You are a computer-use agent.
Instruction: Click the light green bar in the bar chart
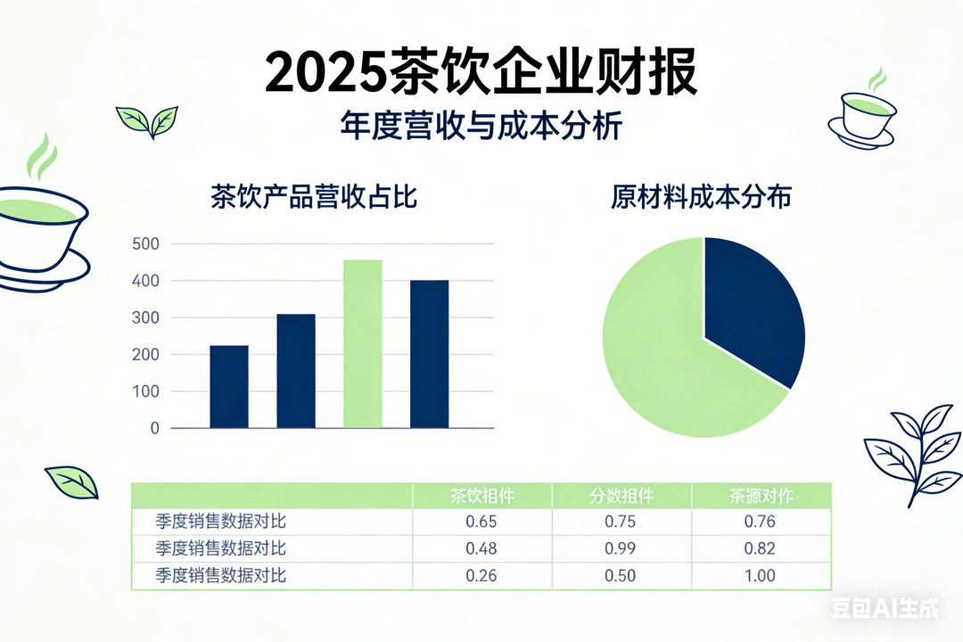click(x=363, y=343)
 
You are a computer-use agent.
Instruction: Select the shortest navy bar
click(x=229, y=386)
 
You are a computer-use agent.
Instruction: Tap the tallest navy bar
click(x=430, y=354)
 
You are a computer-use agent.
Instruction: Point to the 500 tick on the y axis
click(x=145, y=244)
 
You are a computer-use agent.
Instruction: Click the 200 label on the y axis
click(x=145, y=355)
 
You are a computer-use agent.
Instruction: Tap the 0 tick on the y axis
click(x=154, y=429)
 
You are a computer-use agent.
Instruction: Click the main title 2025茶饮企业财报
click(x=481, y=73)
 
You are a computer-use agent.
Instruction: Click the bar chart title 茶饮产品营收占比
click(x=314, y=197)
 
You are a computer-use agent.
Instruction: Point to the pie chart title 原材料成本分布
click(x=702, y=197)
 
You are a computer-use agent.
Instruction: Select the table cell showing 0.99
click(x=621, y=548)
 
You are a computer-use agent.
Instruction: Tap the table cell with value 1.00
click(x=761, y=575)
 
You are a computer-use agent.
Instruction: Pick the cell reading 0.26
click(x=481, y=575)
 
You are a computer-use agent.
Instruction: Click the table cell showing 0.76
click(x=761, y=522)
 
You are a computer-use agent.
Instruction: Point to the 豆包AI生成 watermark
click(x=885, y=610)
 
